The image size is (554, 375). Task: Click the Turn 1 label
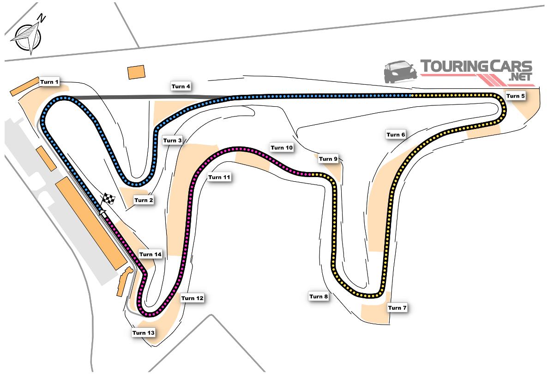pos(49,82)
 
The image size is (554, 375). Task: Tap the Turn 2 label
pos(144,200)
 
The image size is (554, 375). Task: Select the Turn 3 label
pos(172,141)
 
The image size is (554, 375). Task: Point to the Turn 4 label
pos(181,86)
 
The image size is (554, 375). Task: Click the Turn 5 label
pos(515,96)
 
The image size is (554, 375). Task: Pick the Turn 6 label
pos(396,135)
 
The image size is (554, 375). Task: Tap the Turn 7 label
pos(397,307)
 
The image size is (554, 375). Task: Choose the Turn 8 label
pos(319,296)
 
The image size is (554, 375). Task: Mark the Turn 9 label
pos(328,159)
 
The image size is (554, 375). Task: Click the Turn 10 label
pos(282,148)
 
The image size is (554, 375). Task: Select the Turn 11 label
pos(219,177)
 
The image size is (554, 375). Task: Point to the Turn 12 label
pos(192,298)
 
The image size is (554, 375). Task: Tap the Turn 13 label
pos(144,332)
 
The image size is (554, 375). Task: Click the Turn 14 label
pos(151,254)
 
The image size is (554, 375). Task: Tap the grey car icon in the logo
pos(400,72)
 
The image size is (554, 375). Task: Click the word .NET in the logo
pos(520,77)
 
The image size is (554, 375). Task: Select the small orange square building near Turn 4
pos(136,72)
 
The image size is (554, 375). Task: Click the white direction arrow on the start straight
pos(102,212)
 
